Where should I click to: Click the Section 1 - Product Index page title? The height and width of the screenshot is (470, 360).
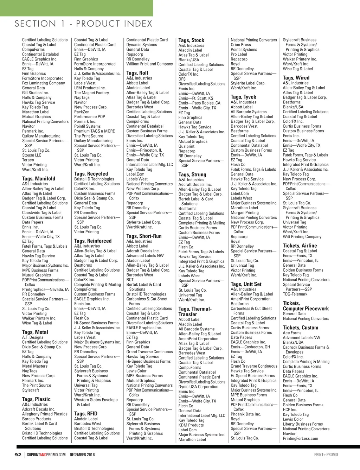coord(83,24)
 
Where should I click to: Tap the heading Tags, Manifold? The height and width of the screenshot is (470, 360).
coord(39,178)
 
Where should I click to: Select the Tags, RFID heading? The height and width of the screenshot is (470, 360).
coord(86,414)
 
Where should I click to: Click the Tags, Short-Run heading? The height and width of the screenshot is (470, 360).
coord(144,236)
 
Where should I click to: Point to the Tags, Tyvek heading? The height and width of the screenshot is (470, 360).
coord(243,97)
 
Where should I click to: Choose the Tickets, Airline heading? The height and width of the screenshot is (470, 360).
coord(300,246)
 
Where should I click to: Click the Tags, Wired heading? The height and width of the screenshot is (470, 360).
coord(296,78)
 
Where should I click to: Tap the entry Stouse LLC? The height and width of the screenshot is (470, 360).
coord(32,155)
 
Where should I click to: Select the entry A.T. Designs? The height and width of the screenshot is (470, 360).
coord(33,337)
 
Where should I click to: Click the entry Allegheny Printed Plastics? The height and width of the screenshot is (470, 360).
coord(45,414)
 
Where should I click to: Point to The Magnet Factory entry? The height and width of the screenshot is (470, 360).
coord(91,93)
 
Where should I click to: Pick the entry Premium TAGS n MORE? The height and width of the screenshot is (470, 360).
coord(94,131)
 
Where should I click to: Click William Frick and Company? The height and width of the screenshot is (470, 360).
coord(150,64)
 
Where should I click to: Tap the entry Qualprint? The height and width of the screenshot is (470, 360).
coord(186,146)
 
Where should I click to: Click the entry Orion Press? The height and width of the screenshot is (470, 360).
coord(241,45)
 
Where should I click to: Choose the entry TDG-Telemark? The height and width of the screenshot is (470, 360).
coord(295,294)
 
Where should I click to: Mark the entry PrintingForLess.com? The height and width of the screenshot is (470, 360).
coord(300,438)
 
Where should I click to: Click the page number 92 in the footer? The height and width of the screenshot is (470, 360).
coord(18,455)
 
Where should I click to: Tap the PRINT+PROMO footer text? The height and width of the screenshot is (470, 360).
coord(326,455)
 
